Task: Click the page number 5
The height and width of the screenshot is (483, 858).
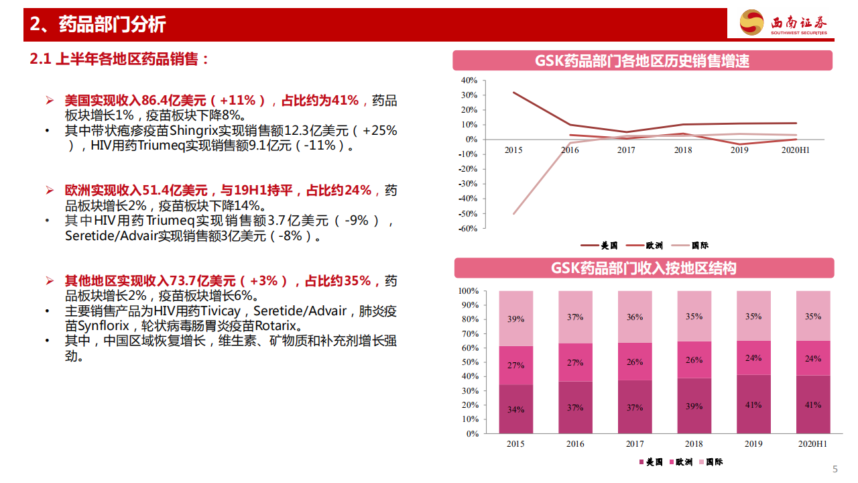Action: pos(835,469)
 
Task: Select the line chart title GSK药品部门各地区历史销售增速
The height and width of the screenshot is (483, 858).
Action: pos(642,61)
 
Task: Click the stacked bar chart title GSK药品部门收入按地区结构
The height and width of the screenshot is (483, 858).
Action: pos(643,268)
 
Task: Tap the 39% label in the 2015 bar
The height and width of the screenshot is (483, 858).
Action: pos(515,319)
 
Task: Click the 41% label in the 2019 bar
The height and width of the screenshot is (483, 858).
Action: pos(753,405)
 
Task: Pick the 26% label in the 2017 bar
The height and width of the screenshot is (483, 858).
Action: pos(634,362)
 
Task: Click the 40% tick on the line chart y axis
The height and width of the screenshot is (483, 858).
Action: pos(469,80)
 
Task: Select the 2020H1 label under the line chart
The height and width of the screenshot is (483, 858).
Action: pos(796,151)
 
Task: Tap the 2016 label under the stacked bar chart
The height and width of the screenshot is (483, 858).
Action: pos(575,444)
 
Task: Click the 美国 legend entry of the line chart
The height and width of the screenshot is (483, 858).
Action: pos(599,246)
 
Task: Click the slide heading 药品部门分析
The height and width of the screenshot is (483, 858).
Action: pos(112,25)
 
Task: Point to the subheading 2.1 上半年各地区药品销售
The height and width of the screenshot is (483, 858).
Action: pos(121,59)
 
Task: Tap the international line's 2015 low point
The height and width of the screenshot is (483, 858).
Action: pos(514,214)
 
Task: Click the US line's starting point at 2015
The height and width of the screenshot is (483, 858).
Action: pos(514,92)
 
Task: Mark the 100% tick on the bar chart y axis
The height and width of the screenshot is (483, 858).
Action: pos(468,291)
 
